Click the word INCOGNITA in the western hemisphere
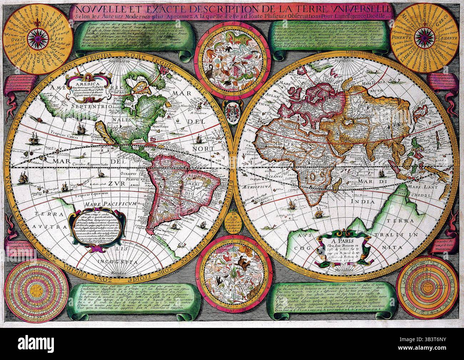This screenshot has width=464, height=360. click(x=120, y=262)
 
